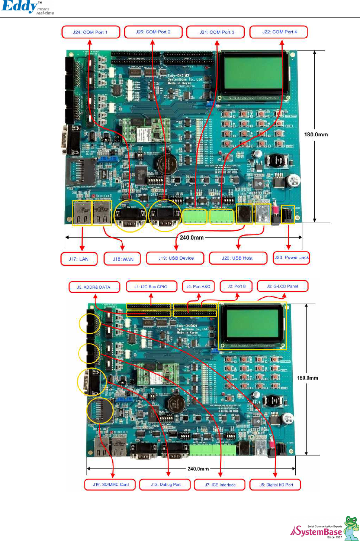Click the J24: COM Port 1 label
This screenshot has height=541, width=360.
90,32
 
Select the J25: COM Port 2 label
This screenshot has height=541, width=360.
153,32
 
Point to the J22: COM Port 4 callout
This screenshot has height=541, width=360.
279,32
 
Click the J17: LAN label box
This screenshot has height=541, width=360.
79,259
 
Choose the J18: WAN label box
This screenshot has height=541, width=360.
123,259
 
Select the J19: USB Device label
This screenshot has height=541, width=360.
176,258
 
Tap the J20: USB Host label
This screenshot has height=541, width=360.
237,258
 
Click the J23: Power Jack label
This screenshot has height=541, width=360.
292,257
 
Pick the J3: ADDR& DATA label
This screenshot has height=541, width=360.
94,287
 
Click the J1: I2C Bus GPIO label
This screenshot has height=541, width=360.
151,286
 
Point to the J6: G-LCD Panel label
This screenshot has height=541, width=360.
282,286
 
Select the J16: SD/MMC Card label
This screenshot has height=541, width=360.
111,485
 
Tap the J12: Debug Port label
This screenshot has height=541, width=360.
165,485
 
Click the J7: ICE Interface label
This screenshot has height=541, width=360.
220,485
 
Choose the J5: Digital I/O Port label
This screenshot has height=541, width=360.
276,485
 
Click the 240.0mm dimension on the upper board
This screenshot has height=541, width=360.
192,237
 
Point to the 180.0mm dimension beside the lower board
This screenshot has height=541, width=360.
308,378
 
